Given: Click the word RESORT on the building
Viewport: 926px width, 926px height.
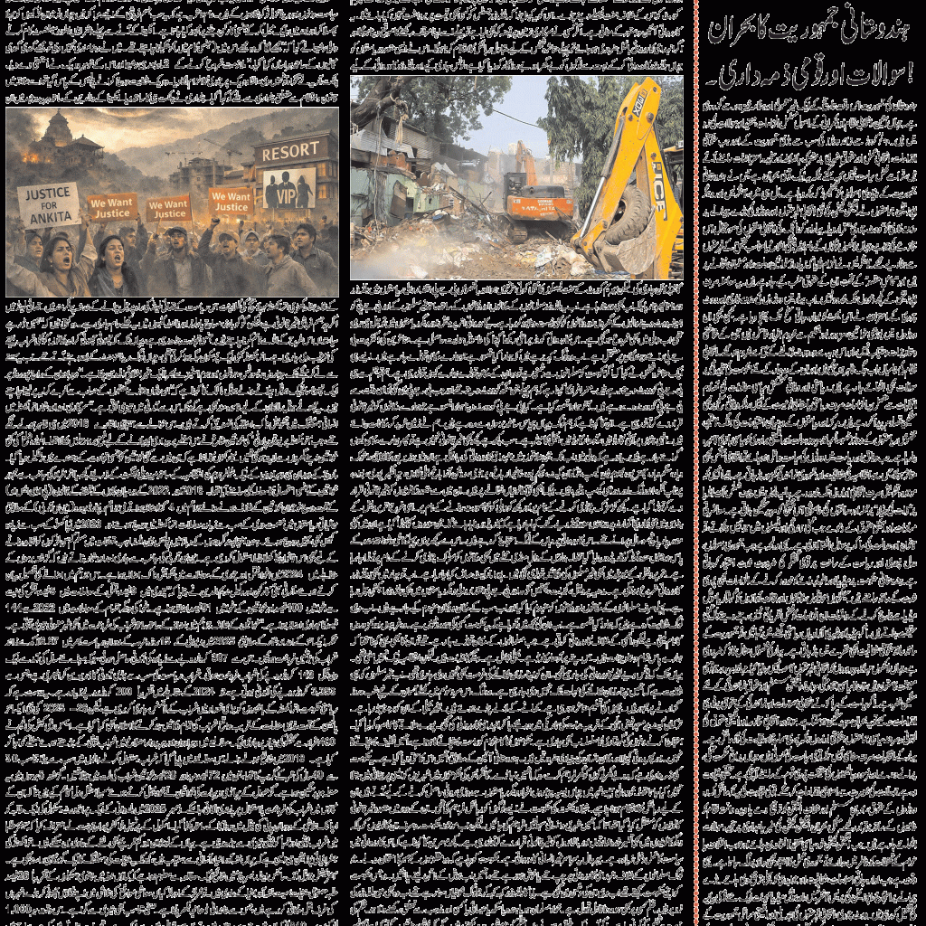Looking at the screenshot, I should pyautogui.click(x=289, y=150).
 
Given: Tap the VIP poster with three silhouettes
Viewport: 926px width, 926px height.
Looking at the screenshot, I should pyautogui.click(x=289, y=188).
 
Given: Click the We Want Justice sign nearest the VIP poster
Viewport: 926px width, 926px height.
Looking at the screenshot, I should pyautogui.click(x=231, y=201).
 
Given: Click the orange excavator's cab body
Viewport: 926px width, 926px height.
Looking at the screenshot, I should pyautogui.click(x=540, y=203).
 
